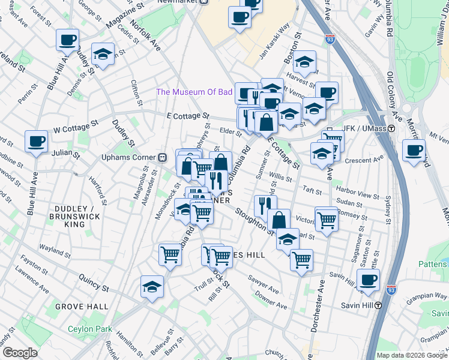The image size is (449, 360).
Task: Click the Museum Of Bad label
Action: pos(194,92)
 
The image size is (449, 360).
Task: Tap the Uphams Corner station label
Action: pos(128,157)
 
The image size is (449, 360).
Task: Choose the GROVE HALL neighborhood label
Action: pos(82,307)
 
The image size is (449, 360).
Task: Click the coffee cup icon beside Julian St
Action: pos(36,142)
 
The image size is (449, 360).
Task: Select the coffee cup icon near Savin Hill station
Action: pos(368,279)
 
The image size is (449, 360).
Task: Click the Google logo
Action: pos(20,353)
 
